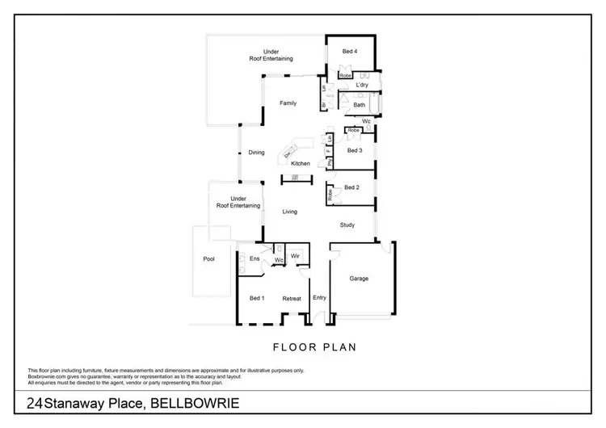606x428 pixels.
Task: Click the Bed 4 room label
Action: (x=349, y=52)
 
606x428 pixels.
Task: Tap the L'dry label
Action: (x=362, y=84)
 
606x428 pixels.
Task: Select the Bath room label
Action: (x=359, y=104)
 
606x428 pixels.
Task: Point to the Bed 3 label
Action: (x=354, y=150)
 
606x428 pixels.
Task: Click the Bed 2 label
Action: (x=351, y=187)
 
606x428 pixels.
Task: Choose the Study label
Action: (x=347, y=225)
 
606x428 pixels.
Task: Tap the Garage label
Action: (x=359, y=279)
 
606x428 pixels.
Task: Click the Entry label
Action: (x=319, y=298)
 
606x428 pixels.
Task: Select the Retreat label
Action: (x=291, y=298)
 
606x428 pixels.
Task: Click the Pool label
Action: (x=208, y=259)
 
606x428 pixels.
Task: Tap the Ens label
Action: (x=253, y=258)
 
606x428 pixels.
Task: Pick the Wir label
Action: (x=295, y=255)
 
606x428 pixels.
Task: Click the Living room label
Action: (x=289, y=212)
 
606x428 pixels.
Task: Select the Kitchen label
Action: (x=301, y=164)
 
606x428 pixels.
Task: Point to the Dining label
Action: (x=256, y=152)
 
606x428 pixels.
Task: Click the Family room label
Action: (x=288, y=103)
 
